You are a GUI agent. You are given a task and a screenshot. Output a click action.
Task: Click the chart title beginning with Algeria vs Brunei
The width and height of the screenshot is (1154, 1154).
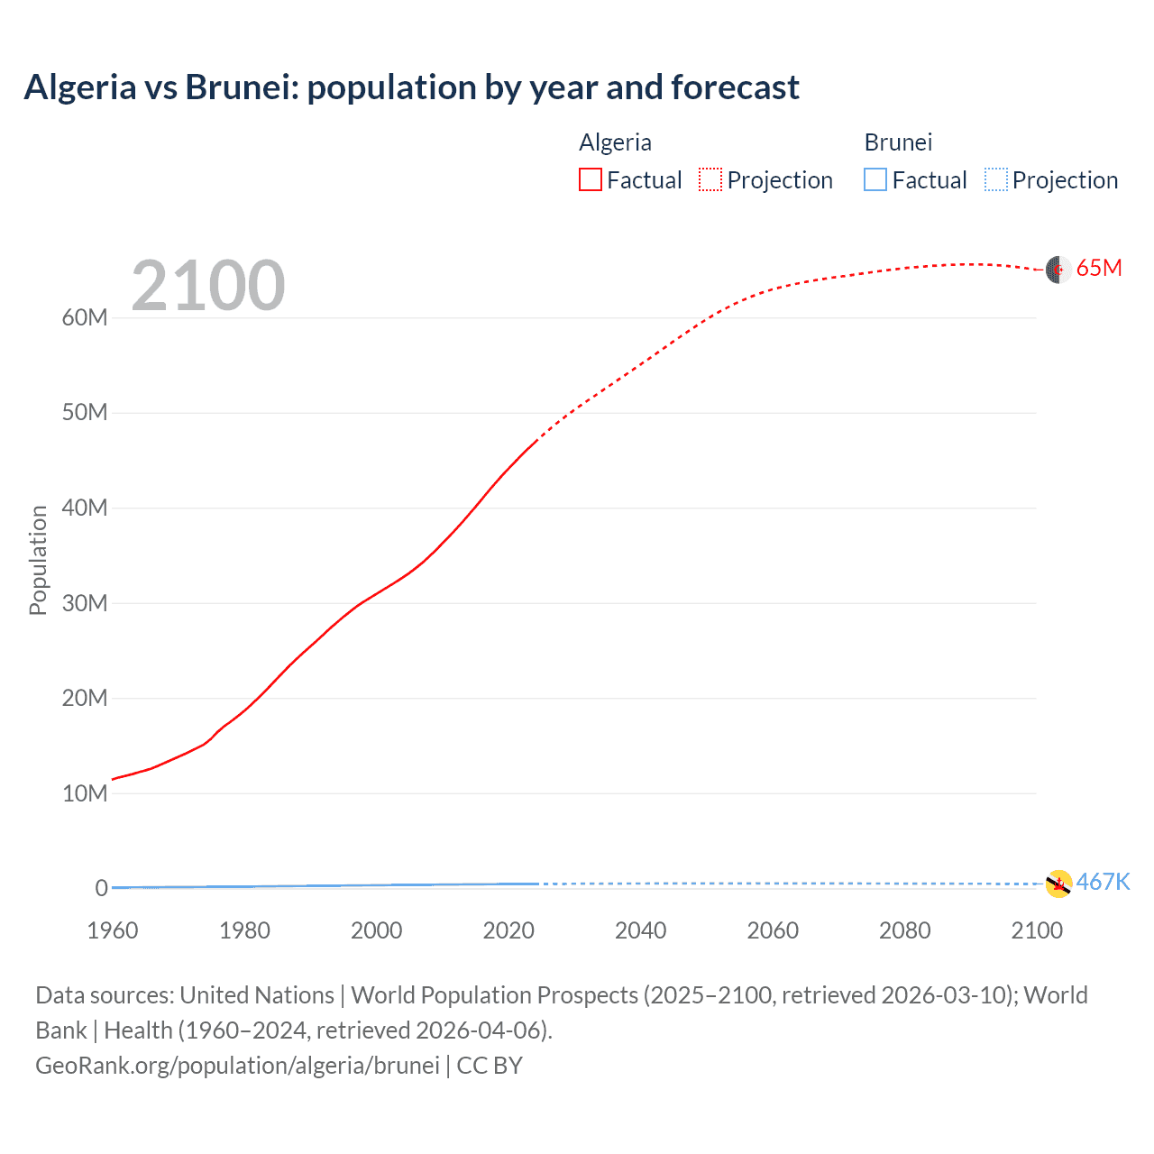tap(411, 87)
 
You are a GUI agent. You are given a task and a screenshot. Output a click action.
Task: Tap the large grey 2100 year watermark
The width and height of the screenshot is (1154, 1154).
tap(208, 286)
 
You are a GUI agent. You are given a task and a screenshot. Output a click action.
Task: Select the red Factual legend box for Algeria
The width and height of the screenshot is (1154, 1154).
tap(590, 180)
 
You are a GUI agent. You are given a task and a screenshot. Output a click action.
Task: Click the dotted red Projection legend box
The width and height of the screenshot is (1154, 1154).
tap(710, 180)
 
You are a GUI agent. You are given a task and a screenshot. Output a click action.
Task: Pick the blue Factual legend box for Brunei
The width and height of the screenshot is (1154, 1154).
tap(875, 180)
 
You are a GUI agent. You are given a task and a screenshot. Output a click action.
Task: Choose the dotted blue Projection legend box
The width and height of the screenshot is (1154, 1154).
tap(995, 180)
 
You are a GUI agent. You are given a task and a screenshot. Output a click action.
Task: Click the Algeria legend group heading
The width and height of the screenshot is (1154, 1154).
tap(615, 142)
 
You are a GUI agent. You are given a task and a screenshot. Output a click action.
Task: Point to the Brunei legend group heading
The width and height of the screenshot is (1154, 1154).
tap(898, 142)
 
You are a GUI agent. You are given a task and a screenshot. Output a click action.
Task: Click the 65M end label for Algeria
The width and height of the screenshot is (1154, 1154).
tap(1099, 268)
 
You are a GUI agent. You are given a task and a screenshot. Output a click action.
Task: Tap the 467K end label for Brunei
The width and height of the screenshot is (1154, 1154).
tap(1103, 882)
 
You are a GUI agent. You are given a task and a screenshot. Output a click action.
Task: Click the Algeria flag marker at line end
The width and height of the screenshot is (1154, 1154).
tap(1058, 269)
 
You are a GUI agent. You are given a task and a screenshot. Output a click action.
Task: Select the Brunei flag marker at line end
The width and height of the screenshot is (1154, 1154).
tap(1058, 884)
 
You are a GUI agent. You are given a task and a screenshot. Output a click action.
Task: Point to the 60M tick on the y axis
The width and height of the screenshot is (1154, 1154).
tap(85, 317)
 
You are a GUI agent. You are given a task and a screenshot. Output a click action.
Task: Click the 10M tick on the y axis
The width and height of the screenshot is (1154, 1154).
tap(85, 793)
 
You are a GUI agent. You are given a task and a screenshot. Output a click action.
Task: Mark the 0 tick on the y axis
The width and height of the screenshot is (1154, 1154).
tap(101, 888)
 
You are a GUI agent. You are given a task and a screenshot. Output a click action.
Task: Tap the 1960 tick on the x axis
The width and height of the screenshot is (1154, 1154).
tap(113, 930)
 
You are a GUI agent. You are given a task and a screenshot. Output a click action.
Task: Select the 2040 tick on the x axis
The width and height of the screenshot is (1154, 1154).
tap(640, 930)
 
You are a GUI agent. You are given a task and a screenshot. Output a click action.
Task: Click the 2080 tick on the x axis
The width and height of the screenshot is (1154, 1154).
tap(904, 930)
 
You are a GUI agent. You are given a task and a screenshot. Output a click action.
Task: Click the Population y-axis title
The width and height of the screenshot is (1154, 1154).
tap(38, 560)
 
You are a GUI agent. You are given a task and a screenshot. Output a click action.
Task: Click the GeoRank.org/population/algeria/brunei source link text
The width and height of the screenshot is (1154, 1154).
tap(237, 1066)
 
